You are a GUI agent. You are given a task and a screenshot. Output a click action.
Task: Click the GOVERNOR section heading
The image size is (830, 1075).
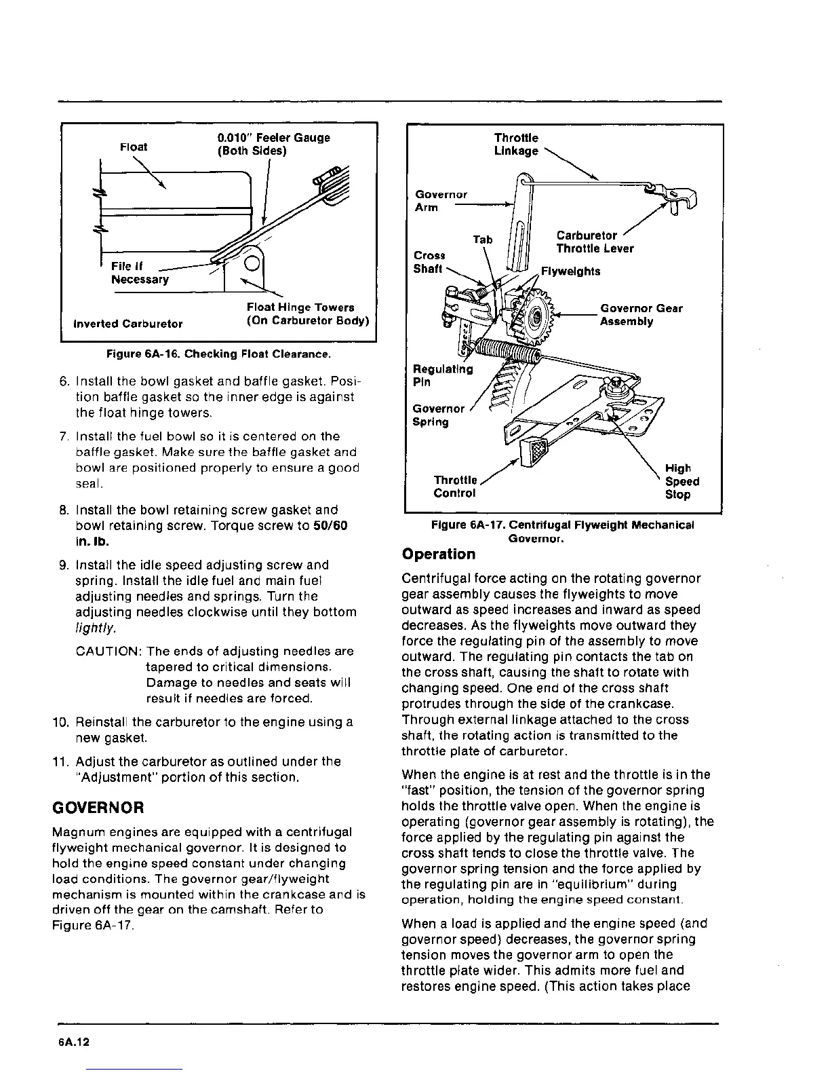pos(98,808)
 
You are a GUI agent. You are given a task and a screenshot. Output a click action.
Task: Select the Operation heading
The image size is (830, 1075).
pos(439,554)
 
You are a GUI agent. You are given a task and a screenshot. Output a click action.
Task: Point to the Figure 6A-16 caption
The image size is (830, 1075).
pos(218,354)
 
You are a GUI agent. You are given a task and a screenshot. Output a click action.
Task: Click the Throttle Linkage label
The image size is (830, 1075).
pos(516,145)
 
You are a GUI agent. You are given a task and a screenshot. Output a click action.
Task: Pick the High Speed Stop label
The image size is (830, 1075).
pos(681,481)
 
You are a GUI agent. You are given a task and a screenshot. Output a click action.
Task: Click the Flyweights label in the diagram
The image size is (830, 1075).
pos(570,271)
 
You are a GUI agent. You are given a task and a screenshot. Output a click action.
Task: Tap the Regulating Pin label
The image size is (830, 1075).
pos(442,375)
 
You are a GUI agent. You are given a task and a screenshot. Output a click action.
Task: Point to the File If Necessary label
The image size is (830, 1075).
pos(139,273)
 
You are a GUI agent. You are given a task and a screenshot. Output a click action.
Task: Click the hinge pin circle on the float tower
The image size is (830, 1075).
pos(252,263)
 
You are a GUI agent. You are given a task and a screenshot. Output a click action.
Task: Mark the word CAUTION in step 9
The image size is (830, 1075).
pos(108,652)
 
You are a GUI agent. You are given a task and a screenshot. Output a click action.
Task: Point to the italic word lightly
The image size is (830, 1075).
pos(94,628)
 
